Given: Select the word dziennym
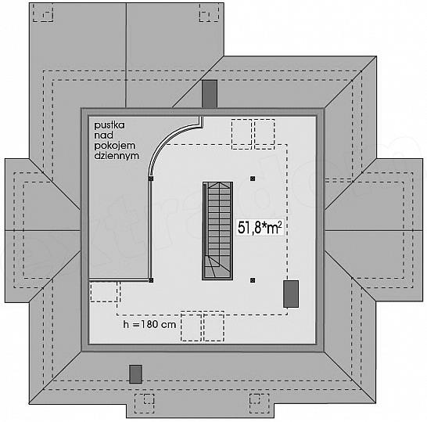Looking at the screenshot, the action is (x=117, y=156).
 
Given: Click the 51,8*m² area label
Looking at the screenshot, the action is (x=260, y=228).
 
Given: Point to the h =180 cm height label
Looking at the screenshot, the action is (x=149, y=324).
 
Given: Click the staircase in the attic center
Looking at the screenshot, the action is (x=217, y=231).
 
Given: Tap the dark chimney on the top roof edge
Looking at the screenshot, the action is (x=210, y=94).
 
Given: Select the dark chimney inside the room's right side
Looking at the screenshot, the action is (x=291, y=294).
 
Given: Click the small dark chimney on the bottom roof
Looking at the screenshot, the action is (x=135, y=374).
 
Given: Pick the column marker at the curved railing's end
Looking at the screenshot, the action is (x=151, y=179).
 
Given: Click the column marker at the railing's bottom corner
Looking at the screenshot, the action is (x=151, y=280).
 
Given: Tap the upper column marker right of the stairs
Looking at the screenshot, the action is (x=253, y=179).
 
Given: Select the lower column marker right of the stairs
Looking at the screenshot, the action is (x=253, y=280).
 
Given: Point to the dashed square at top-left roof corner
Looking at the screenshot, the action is (x=43, y=13).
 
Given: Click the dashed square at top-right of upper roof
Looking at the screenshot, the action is (x=209, y=13).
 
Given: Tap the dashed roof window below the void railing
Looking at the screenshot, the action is (x=104, y=292).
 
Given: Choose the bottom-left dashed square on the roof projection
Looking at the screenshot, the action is (x=145, y=403).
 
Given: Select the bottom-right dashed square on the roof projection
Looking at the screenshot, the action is (x=260, y=403).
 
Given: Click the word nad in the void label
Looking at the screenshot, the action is (x=104, y=135).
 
